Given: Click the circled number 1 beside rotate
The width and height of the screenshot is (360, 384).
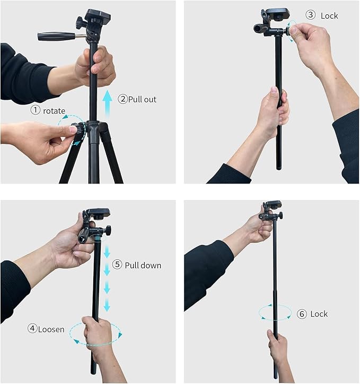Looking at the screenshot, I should click(35, 110).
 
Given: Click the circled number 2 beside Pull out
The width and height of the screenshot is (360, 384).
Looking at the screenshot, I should click(122, 99).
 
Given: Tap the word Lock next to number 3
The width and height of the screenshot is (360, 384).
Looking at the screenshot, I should click(329, 15).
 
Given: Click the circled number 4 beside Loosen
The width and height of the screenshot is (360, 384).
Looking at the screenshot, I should click(32, 329).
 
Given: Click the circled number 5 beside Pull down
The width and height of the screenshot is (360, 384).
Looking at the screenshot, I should click(117, 265).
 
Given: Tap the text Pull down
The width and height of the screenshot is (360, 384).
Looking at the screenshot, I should click(143, 265).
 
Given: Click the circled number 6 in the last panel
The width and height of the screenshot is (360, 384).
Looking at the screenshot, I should click(302, 314).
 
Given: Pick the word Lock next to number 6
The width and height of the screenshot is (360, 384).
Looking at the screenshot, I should click(319, 314).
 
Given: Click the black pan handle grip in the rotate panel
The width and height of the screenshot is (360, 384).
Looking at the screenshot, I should click(56, 36).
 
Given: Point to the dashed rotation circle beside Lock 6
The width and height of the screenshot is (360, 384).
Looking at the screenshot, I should click(275, 312).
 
